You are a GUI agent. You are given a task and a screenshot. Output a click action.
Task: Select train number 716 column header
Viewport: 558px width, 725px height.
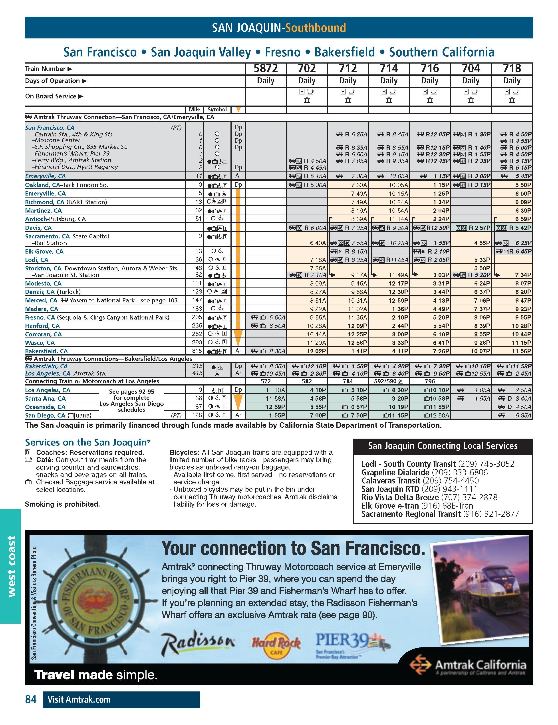point(430,68)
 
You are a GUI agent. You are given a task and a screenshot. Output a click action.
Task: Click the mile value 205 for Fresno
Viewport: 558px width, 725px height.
point(197,317)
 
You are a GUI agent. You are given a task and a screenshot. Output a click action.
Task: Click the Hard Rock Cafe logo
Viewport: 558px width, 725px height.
point(276,645)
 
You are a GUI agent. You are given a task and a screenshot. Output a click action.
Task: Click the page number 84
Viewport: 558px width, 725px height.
point(31,700)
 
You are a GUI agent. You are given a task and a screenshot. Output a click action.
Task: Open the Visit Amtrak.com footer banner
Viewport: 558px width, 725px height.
point(121,700)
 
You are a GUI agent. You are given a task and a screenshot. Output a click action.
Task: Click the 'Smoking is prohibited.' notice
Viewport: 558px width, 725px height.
point(62,504)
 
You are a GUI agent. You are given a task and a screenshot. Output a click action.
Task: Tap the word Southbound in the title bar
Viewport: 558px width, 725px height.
point(316,28)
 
